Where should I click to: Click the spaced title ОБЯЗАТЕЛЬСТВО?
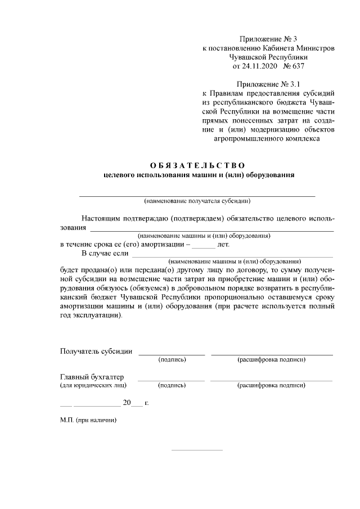[198, 165]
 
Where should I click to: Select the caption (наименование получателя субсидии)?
[197, 201]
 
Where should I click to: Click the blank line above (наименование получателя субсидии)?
[197, 195]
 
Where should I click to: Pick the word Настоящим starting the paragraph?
[102, 218]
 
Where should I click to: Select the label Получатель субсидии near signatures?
[96, 352]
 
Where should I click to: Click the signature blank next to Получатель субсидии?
[172, 354]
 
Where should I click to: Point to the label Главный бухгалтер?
[92, 377]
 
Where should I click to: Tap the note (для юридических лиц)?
[93, 385]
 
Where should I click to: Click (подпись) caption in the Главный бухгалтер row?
[172, 386]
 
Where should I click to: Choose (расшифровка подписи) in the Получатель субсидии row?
[272, 359]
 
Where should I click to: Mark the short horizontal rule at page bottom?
[196, 450]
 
